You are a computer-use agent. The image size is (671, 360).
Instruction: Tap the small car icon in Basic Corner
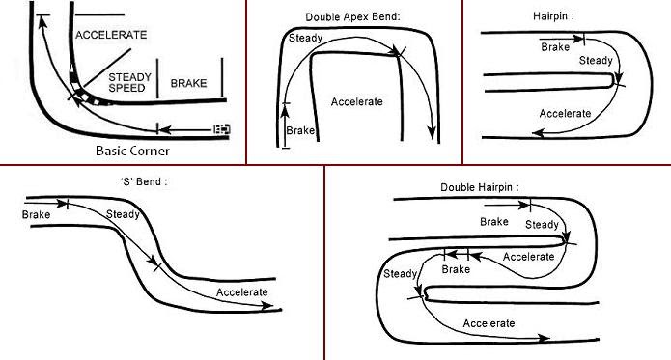(222, 128)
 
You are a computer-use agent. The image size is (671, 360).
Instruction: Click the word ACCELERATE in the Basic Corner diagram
(111, 35)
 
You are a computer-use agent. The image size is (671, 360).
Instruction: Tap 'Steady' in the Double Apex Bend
(306, 40)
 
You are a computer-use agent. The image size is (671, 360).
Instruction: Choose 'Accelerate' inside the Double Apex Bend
(357, 101)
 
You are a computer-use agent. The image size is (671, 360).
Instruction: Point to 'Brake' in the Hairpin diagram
(555, 46)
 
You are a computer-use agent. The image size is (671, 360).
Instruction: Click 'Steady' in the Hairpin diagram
(595, 61)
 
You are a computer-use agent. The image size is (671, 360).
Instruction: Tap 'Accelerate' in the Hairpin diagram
(565, 113)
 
